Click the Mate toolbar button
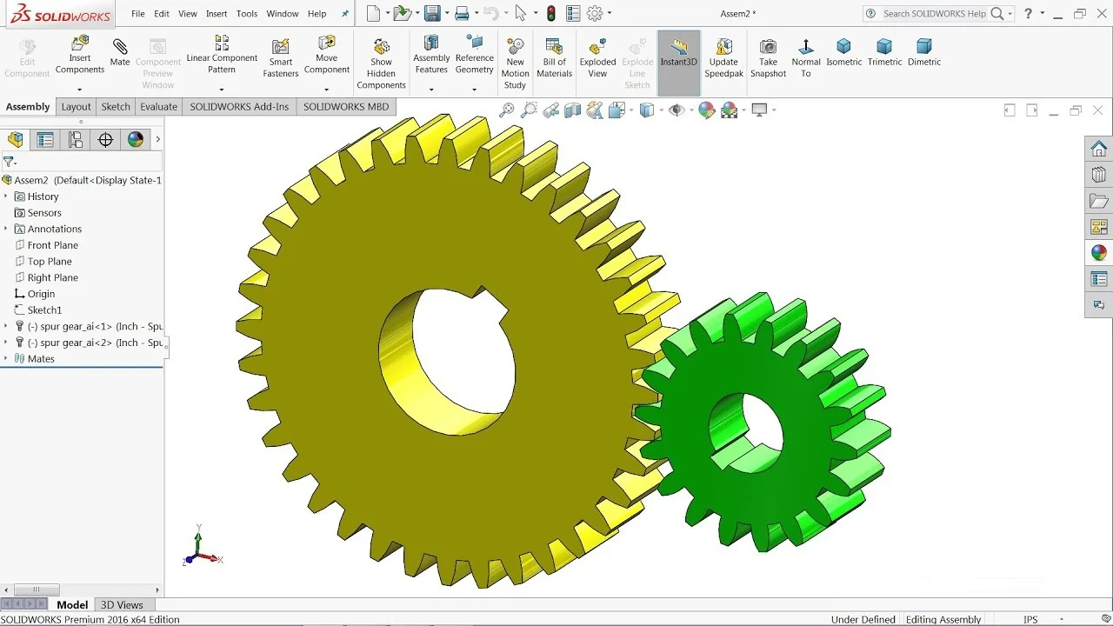(120, 53)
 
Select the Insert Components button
(79, 55)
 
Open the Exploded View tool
(597, 58)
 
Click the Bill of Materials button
(554, 58)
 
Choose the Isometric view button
(843, 53)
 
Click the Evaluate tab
(158, 107)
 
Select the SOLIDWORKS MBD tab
(346, 107)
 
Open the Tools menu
(246, 14)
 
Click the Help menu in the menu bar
(317, 14)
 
